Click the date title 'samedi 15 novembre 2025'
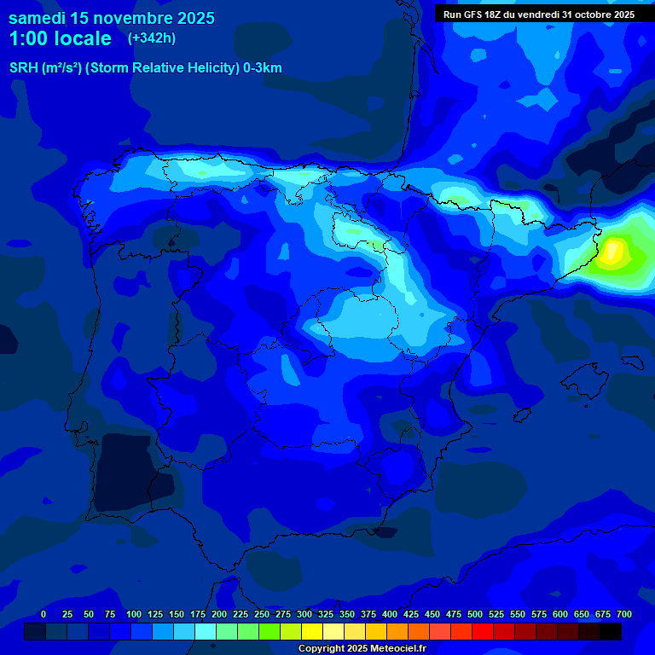[111, 18]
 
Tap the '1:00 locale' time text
[60, 38]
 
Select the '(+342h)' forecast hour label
[151, 38]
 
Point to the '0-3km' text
[262, 68]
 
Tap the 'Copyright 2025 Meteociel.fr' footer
[362, 649]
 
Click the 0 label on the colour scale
[43, 614]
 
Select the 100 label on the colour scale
[133, 614]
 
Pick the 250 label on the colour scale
[261, 614]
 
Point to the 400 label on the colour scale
[390, 614]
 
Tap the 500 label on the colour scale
[475, 614]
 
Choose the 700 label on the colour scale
[623, 614]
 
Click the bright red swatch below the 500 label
[483, 631]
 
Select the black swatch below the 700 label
[611, 631]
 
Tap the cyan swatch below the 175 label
[206, 631]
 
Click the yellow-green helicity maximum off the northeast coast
[613, 253]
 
